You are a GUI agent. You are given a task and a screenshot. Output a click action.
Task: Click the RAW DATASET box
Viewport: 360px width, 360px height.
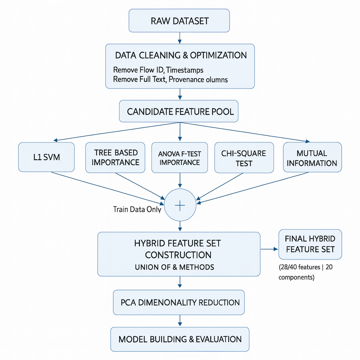click(x=179, y=21)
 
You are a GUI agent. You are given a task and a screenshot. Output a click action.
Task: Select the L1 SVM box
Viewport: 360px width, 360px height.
click(x=46, y=157)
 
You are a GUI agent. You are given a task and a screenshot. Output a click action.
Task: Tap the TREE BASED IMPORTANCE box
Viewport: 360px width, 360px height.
click(x=115, y=157)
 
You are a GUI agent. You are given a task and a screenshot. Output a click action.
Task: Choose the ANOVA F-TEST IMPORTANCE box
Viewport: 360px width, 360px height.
click(x=179, y=157)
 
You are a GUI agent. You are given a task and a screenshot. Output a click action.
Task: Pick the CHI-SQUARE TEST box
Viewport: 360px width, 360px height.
click(x=244, y=158)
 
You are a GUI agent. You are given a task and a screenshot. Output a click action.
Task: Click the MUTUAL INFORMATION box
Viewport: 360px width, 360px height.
click(x=312, y=157)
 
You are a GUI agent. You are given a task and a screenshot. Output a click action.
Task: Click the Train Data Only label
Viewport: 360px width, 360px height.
click(x=137, y=210)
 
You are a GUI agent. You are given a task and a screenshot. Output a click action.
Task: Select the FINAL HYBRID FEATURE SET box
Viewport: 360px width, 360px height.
click(x=310, y=244)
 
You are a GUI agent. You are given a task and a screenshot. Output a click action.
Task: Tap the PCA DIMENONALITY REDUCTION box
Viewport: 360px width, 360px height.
click(x=179, y=302)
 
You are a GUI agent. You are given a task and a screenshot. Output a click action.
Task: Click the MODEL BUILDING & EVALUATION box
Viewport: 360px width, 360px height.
click(x=180, y=339)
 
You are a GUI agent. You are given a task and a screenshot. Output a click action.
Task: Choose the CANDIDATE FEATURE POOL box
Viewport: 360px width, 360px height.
click(x=180, y=112)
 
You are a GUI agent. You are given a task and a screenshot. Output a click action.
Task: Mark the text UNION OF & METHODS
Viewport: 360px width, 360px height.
click(x=174, y=267)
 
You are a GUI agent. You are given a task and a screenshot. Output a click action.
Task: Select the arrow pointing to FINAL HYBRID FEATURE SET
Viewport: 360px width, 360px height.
click(x=269, y=249)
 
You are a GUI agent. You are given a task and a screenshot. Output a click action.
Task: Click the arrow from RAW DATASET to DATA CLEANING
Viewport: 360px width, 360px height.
click(x=180, y=38)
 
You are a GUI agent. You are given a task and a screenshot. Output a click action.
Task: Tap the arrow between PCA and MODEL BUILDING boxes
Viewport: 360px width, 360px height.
click(x=180, y=321)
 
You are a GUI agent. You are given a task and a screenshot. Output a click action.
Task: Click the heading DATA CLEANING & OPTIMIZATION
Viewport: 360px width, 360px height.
click(x=181, y=56)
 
